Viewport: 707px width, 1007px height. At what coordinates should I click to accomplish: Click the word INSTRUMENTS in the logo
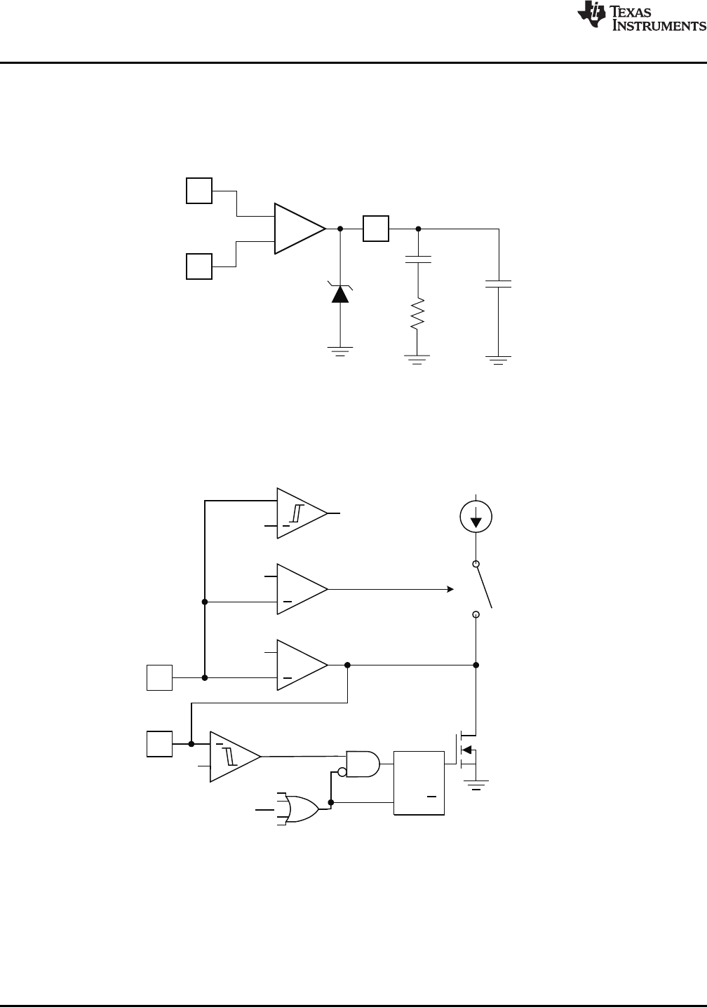pos(660,26)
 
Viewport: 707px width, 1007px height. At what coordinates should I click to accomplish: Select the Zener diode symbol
pos(340,293)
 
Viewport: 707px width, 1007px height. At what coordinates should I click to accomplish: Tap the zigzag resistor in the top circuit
pos(417,313)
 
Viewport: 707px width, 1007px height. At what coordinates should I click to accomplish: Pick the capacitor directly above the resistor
pos(418,261)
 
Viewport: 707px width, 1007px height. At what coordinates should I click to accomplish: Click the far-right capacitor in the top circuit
pos(499,283)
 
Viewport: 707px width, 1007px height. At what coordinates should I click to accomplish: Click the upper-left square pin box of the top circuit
pos(199,191)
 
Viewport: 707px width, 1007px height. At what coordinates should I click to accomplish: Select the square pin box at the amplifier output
pos(376,229)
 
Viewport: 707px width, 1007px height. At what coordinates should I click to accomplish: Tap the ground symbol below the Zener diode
pos(340,351)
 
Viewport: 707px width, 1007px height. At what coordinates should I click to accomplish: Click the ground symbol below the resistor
pos(417,359)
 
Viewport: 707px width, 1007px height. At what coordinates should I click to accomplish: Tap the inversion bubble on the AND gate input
pos(342,772)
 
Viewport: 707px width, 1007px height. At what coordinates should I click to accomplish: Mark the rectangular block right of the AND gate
pos(419,783)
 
